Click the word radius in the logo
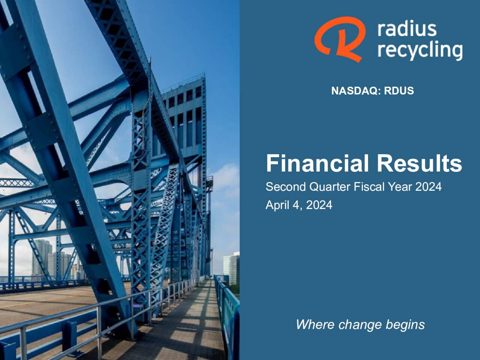tap(407, 29)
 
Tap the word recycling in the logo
tap(420, 51)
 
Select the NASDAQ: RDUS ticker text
tap(372, 91)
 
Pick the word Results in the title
tap(419, 163)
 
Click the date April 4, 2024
tap(299, 205)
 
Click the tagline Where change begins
tap(360, 324)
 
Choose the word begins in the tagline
tap(407, 325)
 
